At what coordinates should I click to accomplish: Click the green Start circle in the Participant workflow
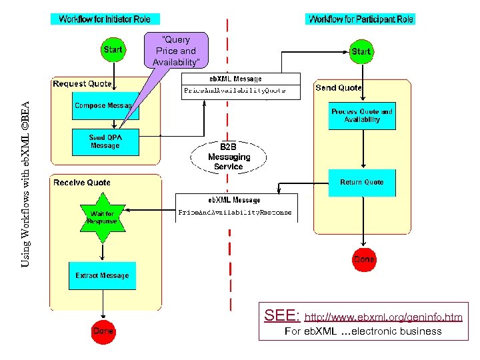[361, 51]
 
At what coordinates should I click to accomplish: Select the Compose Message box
[105, 106]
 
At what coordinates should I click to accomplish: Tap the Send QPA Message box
[105, 142]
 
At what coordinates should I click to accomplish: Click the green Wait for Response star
[101, 217]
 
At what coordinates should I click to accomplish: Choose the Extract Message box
[102, 275]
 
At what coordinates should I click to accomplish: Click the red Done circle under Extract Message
[103, 331]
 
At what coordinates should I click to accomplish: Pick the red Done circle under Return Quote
[364, 259]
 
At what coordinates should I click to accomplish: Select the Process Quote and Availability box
[362, 115]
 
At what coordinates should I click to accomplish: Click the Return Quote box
[362, 182]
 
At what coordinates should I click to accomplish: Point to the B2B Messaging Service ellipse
[229, 157]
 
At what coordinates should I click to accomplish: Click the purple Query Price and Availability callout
[176, 51]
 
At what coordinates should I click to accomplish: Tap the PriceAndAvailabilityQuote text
[235, 90]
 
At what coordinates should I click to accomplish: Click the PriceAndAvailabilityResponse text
[235, 213]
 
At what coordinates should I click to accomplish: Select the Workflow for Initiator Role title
[105, 19]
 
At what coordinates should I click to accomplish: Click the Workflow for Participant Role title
[361, 19]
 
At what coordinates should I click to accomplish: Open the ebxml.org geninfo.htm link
[383, 316]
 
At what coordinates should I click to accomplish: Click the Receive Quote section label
[82, 182]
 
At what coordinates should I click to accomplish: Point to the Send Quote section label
[339, 87]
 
